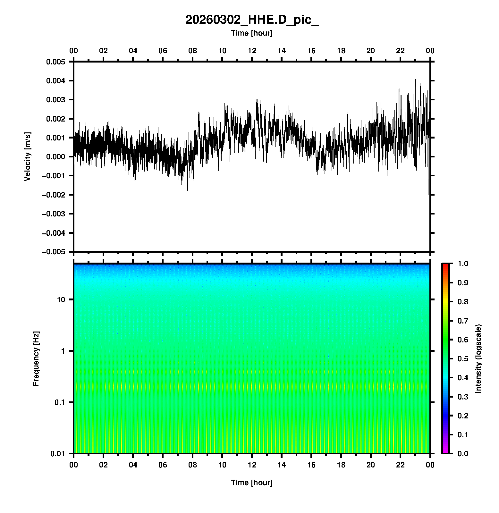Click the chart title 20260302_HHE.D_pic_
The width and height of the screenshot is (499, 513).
point(252,20)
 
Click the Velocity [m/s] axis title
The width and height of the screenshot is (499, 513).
point(28,156)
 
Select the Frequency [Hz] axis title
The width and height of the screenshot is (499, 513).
point(36,359)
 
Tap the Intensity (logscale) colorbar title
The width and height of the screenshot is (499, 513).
point(478,359)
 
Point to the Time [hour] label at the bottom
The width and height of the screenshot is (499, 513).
point(252,483)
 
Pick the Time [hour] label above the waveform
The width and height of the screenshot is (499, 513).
point(252,33)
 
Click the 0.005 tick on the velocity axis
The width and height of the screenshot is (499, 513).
point(55,62)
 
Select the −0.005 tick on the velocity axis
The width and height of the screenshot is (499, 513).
point(54,252)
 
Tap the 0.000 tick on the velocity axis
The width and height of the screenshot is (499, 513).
point(55,157)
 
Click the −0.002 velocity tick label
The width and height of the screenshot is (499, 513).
point(54,195)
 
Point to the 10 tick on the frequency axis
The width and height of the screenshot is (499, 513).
point(61,300)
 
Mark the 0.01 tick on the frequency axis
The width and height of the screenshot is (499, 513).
point(58,454)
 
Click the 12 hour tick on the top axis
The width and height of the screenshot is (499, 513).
point(252,51)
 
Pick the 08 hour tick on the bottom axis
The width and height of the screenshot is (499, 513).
point(192,465)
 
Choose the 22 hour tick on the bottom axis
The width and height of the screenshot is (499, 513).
point(401,465)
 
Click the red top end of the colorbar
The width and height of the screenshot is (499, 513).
point(445,266)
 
